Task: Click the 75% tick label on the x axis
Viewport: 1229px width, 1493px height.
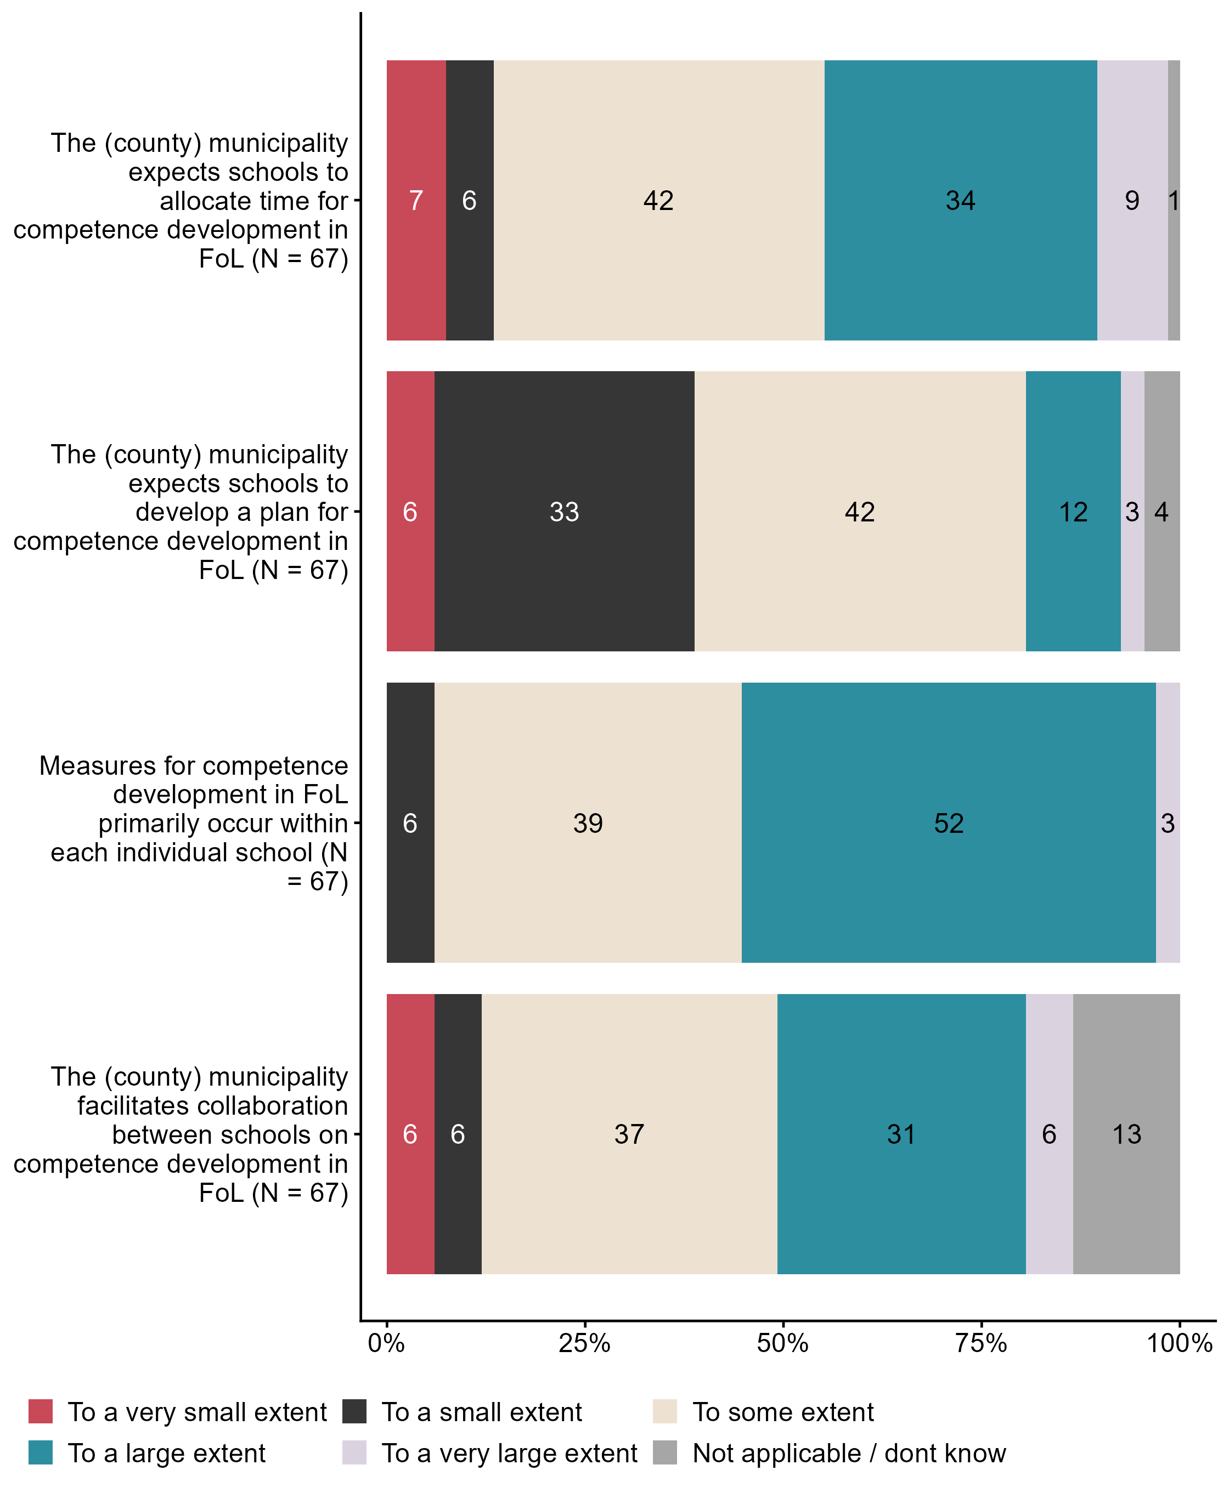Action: (x=980, y=1342)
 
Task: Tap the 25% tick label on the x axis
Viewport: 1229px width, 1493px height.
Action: (x=584, y=1342)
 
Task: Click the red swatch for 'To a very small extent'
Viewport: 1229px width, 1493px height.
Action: (x=41, y=1412)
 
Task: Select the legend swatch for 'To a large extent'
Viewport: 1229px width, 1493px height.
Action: (x=41, y=1452)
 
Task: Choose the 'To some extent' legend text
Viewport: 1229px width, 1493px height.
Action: (x=782, y=1412)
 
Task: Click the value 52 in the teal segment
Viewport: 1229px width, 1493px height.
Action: (x=948, y=823)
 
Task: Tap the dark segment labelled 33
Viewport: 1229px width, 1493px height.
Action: (x=564, y=512)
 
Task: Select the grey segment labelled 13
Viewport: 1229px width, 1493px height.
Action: (x=1126, y=1134)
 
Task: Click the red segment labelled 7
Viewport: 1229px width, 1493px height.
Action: (x=416, y=200)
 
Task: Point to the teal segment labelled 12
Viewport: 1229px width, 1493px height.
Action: (x=1073, y=512)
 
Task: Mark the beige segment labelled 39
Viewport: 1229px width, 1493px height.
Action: (x=588, y=823)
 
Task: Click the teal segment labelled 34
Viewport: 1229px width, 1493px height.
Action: (x=960, y=200)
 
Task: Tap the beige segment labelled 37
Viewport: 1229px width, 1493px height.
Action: (x=629, y=1134)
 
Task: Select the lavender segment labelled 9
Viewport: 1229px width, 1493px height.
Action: (x=1132, y=200)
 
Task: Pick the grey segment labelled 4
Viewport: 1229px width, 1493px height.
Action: (x=1161, y=512)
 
